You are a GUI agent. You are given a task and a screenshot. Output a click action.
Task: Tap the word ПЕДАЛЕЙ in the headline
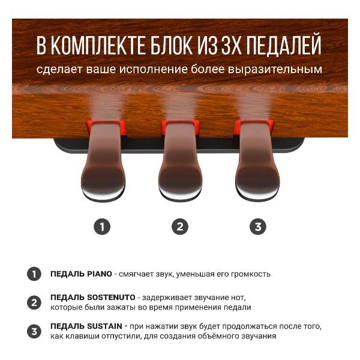[282, 46]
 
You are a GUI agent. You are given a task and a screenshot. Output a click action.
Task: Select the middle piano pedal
[179, 168]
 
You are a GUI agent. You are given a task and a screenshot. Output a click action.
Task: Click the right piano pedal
[257, 168]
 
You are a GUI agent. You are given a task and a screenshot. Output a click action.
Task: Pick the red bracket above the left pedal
[106, 127]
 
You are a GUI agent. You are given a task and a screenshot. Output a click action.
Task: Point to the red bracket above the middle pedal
[179, 127]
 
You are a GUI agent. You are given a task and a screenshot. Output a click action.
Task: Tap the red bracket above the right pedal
[254, 127]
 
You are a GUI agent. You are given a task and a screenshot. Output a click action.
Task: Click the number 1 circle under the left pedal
[103, 226]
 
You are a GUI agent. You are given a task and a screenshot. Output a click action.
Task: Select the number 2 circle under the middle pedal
[179, 226]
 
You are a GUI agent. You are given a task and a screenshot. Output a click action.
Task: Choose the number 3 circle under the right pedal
[257, 226]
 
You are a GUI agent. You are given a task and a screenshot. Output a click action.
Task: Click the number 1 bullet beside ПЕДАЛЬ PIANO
[34, 274]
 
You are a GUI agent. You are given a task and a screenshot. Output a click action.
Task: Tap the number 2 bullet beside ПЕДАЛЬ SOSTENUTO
[34, 302]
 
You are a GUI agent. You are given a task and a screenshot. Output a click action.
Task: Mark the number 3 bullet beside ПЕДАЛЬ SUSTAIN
[34, 331]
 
